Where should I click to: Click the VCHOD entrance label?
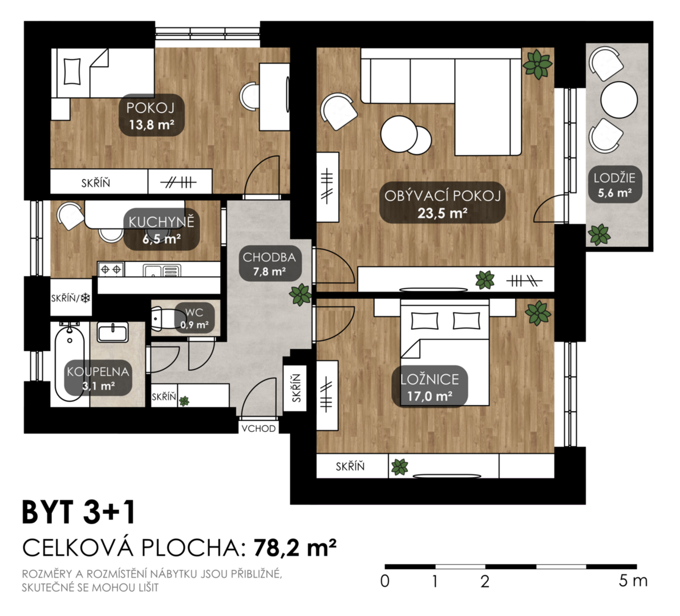click(258, 428)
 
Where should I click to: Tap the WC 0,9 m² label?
click(195, 318)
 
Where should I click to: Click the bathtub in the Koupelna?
click(70, 362)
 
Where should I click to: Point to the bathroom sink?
click(112, 332)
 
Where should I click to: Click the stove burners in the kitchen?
click(111, 270)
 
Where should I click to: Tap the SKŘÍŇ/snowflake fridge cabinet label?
click(71, 298)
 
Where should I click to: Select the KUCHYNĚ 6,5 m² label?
click(161, 230)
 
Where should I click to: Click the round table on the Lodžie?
click(619, 100)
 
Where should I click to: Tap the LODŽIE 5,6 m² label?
click(614, 185)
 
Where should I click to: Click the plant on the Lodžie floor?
click(599, 234)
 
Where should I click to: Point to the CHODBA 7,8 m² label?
click(269, 264)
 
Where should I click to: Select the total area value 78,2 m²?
click(295, 548)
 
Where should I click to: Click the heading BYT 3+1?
click(79, 512)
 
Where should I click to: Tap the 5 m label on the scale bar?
click(633, 581)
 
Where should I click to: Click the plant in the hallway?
click(300, 295)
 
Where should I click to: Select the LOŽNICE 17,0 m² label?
click(430, 387)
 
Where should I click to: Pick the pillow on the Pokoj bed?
click(72, 71)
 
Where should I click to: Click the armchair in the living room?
click(339, 111)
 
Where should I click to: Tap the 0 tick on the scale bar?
click(384, 581)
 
